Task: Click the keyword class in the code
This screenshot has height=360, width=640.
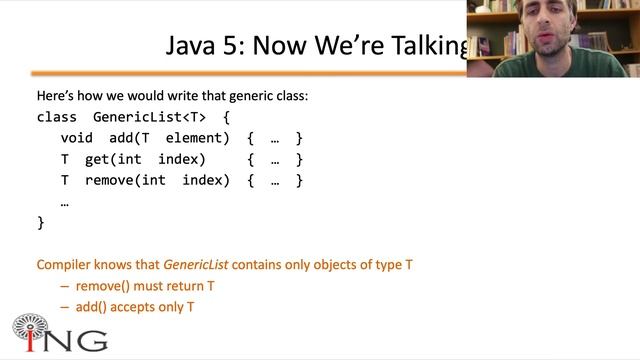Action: pyautogui.click(x=56, y=116)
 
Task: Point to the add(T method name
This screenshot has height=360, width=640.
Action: pyautogui.click(x=129, y=138)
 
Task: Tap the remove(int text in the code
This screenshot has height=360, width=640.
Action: pyautogui.click(x=125, y=180)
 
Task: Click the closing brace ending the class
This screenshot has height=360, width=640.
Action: pyautogui.click(x=41, y=223)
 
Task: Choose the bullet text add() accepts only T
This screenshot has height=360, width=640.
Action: pyautogui.click(x=135, y=307)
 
